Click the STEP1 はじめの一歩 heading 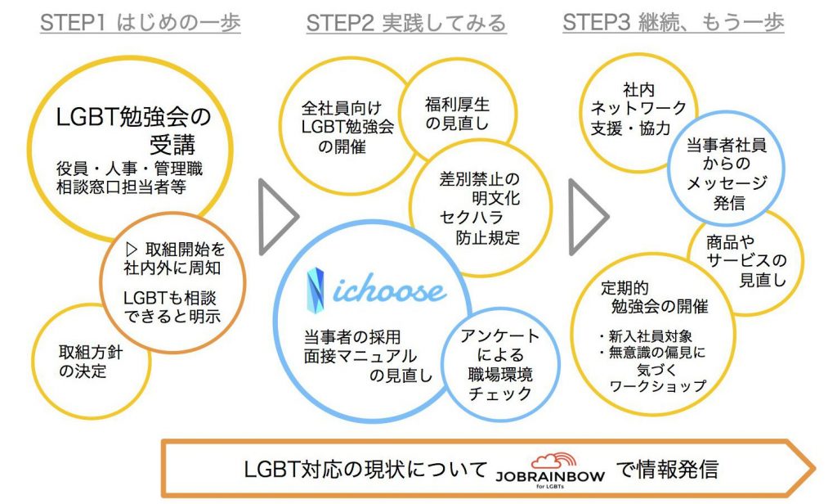(140, 23)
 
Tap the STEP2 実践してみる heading (406, 23)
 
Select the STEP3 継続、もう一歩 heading (674, 23)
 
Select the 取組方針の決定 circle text (83, 362)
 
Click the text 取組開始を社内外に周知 (173, 258)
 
